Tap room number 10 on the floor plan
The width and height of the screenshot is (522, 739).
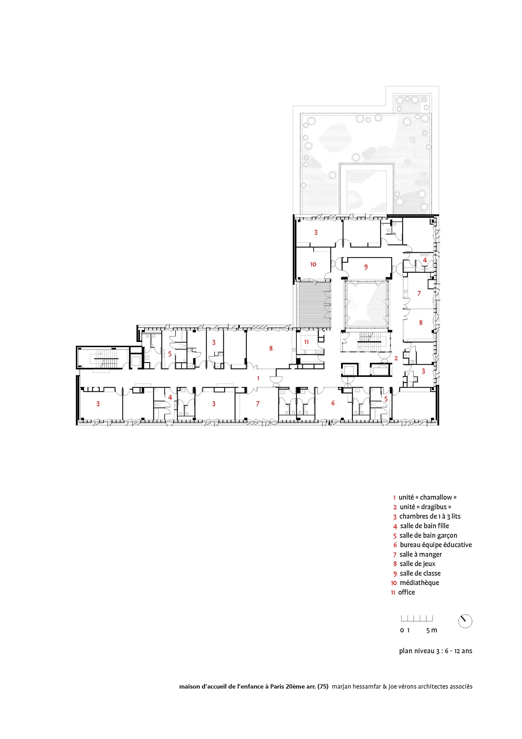[x=313, y=264]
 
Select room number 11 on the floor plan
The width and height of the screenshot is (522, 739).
[x=306, y=342]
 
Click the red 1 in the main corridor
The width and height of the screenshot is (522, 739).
[x=258, y=378]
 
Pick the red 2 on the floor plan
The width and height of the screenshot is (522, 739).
[x=396, y=358]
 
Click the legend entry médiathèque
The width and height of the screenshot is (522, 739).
[x=419, y=583]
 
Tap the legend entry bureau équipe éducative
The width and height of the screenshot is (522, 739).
[x=436, y=545]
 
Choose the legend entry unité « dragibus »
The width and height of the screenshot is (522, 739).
[x=425, y=507]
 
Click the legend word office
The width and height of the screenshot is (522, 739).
[x=407, y=592]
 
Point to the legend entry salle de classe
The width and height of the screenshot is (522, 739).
[x=420, y=573]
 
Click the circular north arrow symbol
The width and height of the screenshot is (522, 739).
[x=465, y=621]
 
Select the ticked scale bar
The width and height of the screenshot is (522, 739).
[x=417, y=618]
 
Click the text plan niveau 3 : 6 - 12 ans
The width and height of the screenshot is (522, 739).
[x=436, y=650]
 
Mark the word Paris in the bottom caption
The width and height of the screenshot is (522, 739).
[x=277, y=686]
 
